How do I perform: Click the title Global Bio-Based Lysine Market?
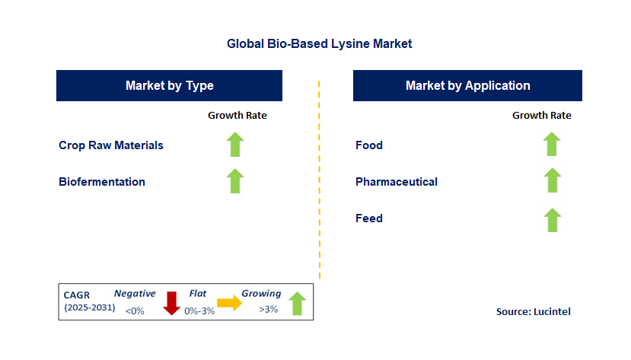(319, 43)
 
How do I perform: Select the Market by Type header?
(170, 86)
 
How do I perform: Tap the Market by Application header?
(467, 86)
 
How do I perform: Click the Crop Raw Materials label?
(111, 145)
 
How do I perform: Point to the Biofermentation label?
(102, 182)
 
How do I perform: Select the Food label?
(369, 145)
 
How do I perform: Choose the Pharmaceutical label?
(397, 182)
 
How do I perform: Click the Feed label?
(369, 218)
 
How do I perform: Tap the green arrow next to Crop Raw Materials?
(235, 145)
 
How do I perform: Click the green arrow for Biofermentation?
(235, 181)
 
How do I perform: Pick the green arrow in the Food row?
(552, 144)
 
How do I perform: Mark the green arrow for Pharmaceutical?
(552, 180)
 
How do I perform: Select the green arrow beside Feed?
(552, 220)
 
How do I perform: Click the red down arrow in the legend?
(171, 303)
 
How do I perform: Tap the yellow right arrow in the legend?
(229, 303)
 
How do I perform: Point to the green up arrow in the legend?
(298, 304)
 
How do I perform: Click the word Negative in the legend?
(135, 294)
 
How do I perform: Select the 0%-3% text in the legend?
(199, 311)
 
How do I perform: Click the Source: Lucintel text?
(534, 312)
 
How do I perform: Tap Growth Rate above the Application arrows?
(542, 116)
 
